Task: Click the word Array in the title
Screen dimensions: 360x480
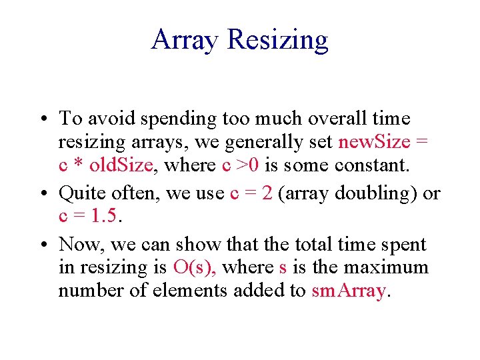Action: (x=185, y=40)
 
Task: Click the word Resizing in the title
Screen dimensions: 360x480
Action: (x=277, y=40)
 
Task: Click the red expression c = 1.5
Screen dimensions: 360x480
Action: (x=83, y=216)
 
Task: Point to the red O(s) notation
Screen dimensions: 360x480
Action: (x=194, y=267)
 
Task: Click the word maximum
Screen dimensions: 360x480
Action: (x=389, y=267)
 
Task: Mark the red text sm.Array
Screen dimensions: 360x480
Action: (x=349, y=291)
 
